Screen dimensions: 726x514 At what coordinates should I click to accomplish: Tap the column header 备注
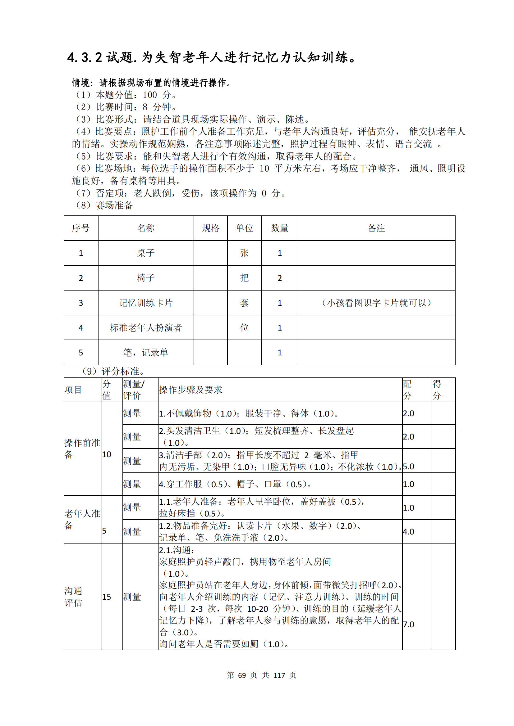pyautogui.click(x=376, y=228)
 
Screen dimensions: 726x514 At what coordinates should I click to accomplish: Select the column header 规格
pyautogui.click(x=210, y=228)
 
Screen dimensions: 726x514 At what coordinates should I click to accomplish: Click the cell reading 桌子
pyautogui.click(x=146, y=253)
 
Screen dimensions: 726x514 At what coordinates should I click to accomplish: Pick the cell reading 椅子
pyautogui.click(x=146, y=278)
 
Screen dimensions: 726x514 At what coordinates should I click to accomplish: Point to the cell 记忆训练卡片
pyautogui.click(x=146, y=303)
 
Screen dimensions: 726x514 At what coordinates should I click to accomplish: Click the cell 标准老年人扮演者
pyautogui.click(x=146, y=328)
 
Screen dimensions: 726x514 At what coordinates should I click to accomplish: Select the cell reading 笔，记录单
pyautogui.click(x=146, y=353)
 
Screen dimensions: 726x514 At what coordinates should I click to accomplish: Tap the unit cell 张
pyautogui.click(x=244, y=253)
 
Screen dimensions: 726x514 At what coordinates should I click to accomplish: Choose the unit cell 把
pyautogui.click(x=244, y=278)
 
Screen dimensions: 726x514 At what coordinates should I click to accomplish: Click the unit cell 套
pyautogui.click(x=244, y=303)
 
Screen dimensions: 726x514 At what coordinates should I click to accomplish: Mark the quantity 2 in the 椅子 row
pyautogui.click(x=279, y=278)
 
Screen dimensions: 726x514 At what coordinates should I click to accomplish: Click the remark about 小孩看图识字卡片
pyautogui.click(x=376, y=303)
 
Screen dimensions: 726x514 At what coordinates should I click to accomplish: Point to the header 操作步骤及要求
pyautogui.click(x=190, y=390)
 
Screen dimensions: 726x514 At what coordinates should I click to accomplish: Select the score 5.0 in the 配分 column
pyautogui.click(x=409, y=467)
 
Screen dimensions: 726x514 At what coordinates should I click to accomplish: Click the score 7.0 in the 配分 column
pyautogui.click(x=409, y=625)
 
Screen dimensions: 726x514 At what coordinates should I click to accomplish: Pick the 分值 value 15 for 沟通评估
pyautogui.click(x=107, y=597)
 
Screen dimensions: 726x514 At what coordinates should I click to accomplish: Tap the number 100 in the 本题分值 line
pyautogui.click(x=150, y=95)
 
